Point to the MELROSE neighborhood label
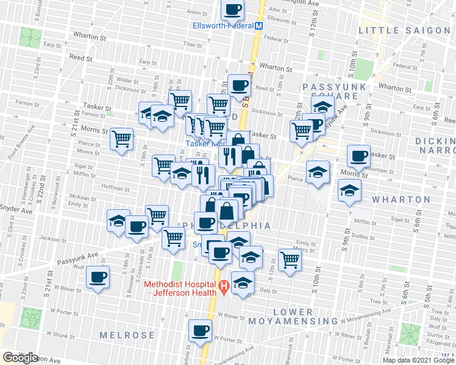127,335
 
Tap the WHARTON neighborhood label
402,200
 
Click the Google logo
21,358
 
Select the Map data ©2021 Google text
418,360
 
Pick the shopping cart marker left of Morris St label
122,138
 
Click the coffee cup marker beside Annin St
232,9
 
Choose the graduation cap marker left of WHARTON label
349,190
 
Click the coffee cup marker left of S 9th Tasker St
359,155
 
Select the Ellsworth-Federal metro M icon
258,26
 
